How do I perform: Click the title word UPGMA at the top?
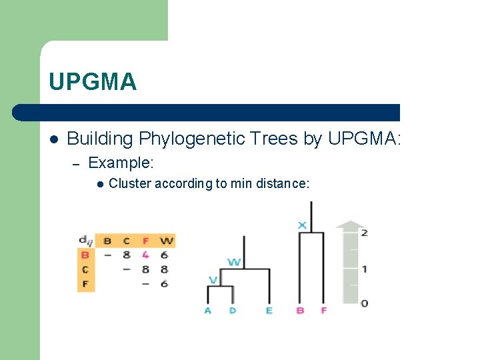point(92,82)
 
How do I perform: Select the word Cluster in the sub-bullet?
point(129,183)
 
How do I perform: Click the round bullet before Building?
point(54,139)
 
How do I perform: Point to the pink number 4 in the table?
point(145,254)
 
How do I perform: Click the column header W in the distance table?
point(166,241)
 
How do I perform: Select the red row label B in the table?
point(85,254)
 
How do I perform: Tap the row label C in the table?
point(85,269)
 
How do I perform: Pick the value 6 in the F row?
point(165,283)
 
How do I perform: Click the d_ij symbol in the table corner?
point(85,240)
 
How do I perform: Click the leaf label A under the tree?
point(208,311)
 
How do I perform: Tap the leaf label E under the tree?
point(269,311)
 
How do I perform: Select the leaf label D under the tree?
point(233,311)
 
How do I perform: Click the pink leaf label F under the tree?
point(323,311)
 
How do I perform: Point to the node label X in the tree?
point(302,225)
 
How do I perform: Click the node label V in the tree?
point(213,280)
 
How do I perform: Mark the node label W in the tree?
point(234,262)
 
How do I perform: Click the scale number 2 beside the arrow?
point(364,233)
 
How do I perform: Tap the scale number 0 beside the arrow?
point(364,303)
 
